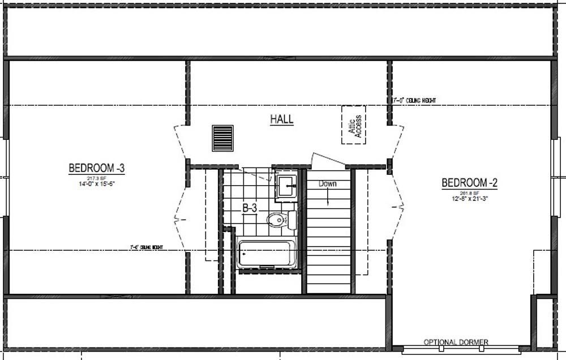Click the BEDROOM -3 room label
pyautogui.click(x=96, y=168)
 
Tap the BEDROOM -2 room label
pyautogui.click(x=469, y=183)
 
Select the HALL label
pyautogui.click(x=281, y=119)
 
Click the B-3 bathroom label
pyautogui.click(x=250, y=208)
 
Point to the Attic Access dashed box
pyautogui.click(x=353, y=125)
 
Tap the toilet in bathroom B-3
pyautogui.click(x=277, y=220)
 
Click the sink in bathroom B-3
pyautogui.click(x=288, y=185)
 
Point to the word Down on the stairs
pyautogui.click(x=328, y=183)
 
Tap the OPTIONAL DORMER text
pyautogui.click(x=456, y=342)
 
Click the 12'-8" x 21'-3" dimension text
pyautogui.click(x=469, y=198)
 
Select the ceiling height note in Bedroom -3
pyautogui.click(x=147, y=247)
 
